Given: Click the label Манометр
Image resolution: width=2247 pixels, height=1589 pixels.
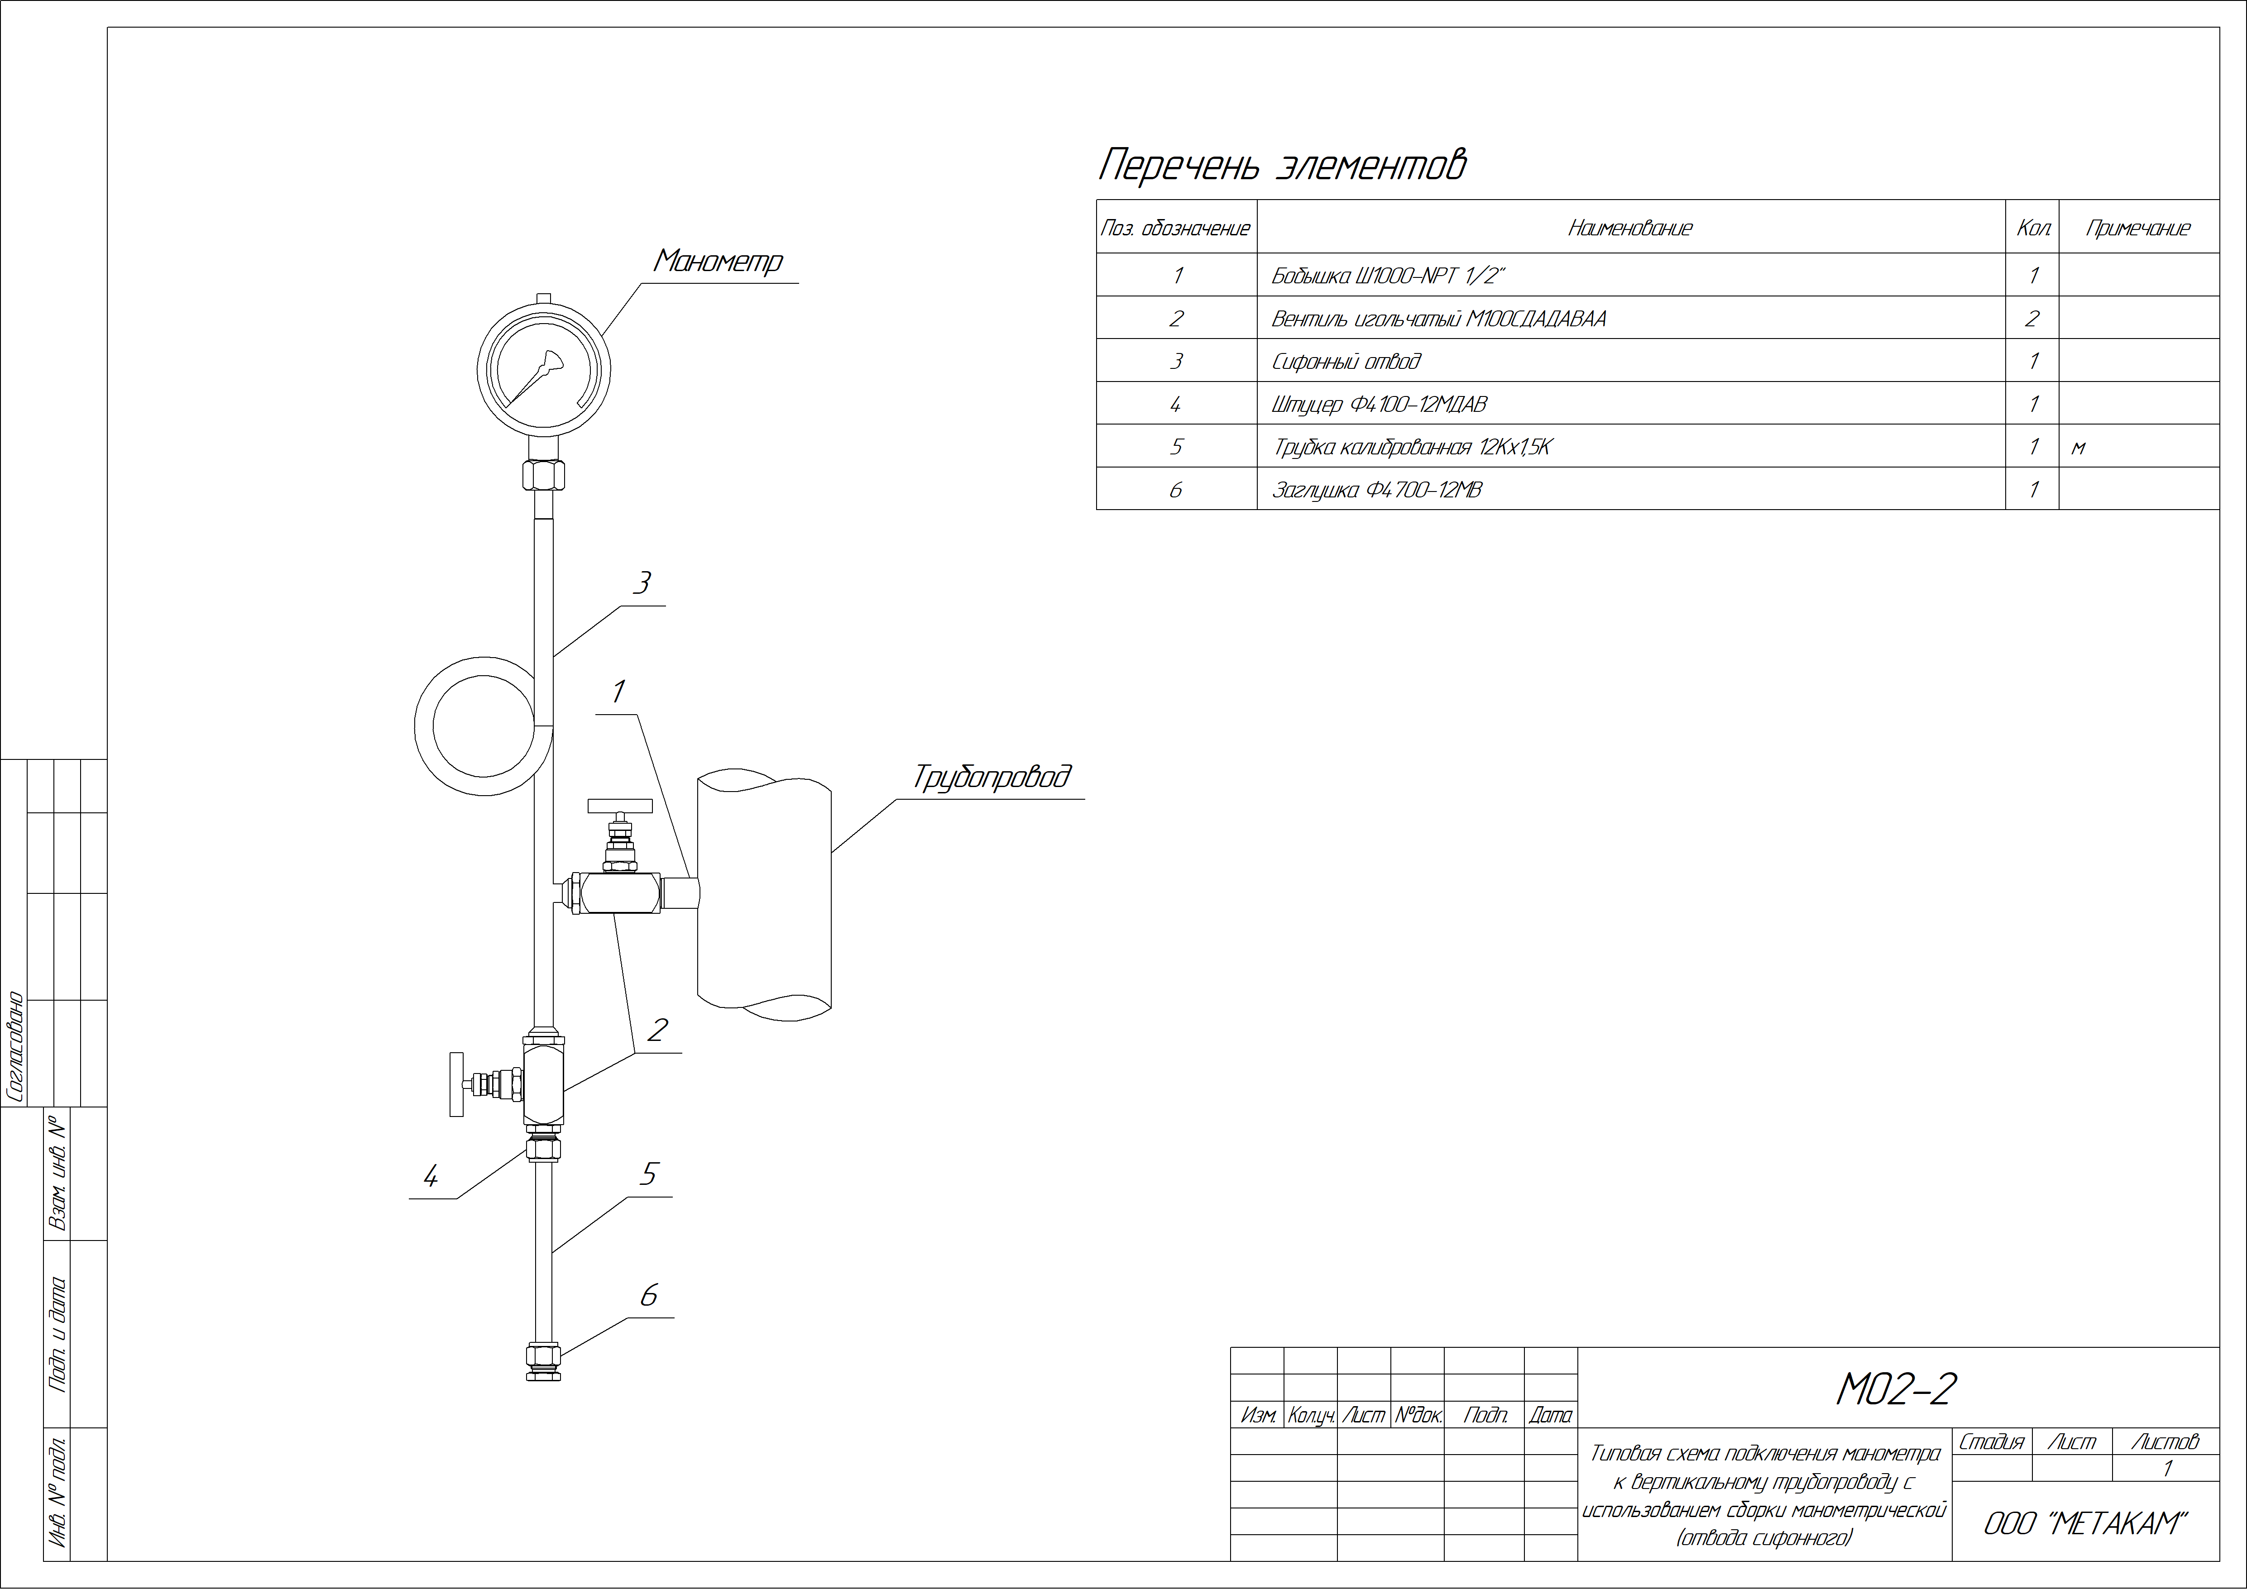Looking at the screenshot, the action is pos(719,261).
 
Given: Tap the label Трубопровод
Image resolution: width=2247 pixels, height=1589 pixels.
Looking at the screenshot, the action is pos(992,778).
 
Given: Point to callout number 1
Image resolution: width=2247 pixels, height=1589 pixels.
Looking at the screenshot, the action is pos(618,692).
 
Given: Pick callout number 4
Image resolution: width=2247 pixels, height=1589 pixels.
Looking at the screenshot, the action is pos(430,1176).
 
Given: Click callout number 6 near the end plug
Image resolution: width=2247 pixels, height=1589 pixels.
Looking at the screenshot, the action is pos(648,1295).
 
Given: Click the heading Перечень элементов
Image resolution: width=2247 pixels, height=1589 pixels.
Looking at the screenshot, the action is pos(1282,164).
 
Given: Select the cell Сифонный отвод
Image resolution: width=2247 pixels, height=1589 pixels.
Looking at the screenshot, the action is pos(1346,361).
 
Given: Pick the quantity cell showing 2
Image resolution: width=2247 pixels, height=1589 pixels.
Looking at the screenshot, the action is pos(2031,318).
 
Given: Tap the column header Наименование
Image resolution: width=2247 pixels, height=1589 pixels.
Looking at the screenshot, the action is pos(1630,228).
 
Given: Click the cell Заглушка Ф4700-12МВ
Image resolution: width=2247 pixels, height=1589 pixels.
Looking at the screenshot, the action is pos(1377,489).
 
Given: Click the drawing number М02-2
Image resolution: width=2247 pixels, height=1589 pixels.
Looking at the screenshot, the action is pos(1896,1389).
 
